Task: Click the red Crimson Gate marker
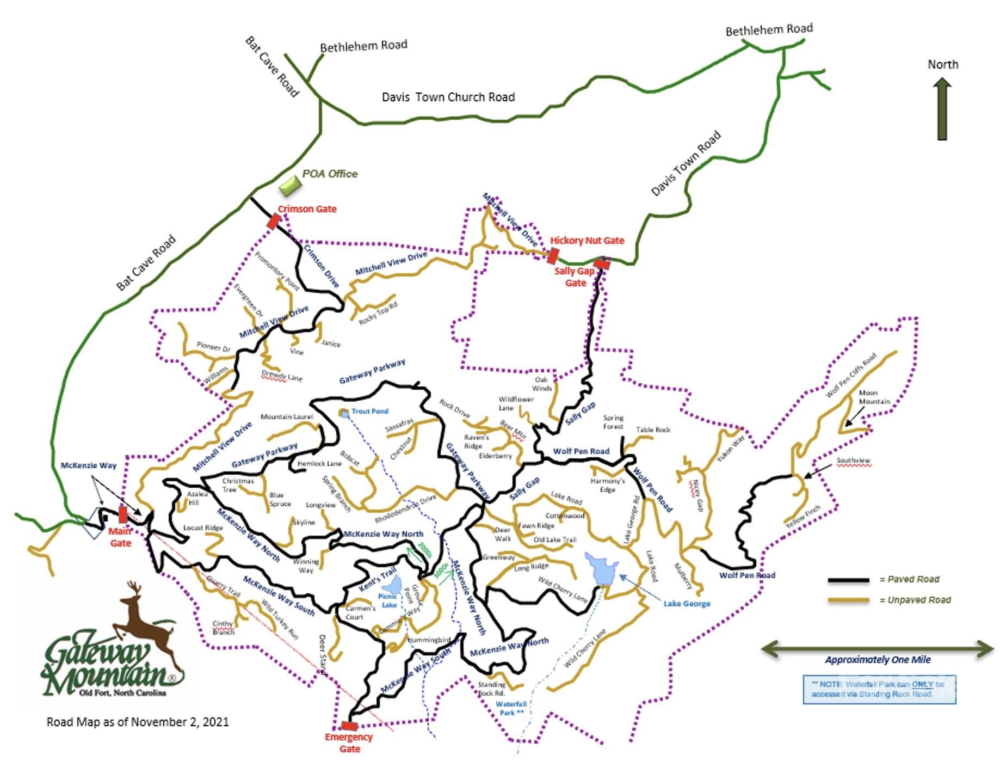point(274,221)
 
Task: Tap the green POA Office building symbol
point(290,186)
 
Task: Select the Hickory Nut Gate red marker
point(553,255)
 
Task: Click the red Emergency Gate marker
point(349,726)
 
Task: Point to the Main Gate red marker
point(123,514)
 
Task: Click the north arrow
point(942,109)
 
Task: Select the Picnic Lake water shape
point(391,586)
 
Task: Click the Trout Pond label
point(370,411)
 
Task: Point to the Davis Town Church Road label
point(448,97)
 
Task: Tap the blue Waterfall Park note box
point(879,689)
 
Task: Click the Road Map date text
point(138,722)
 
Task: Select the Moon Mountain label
point(874,397)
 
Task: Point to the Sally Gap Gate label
point(575,277)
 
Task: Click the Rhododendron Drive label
point(405,510)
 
